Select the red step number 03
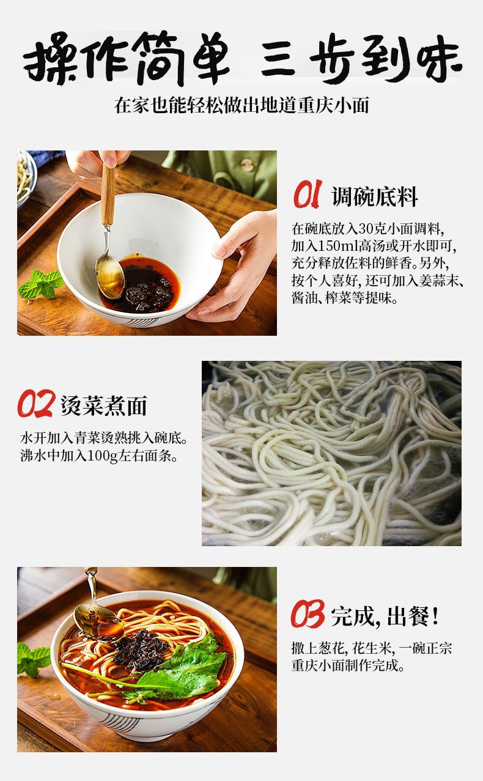[x=307, y=614]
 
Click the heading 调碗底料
[x=375, y=197]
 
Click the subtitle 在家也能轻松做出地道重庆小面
[x=242, y=105]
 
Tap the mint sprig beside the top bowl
[x=42, y=284]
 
